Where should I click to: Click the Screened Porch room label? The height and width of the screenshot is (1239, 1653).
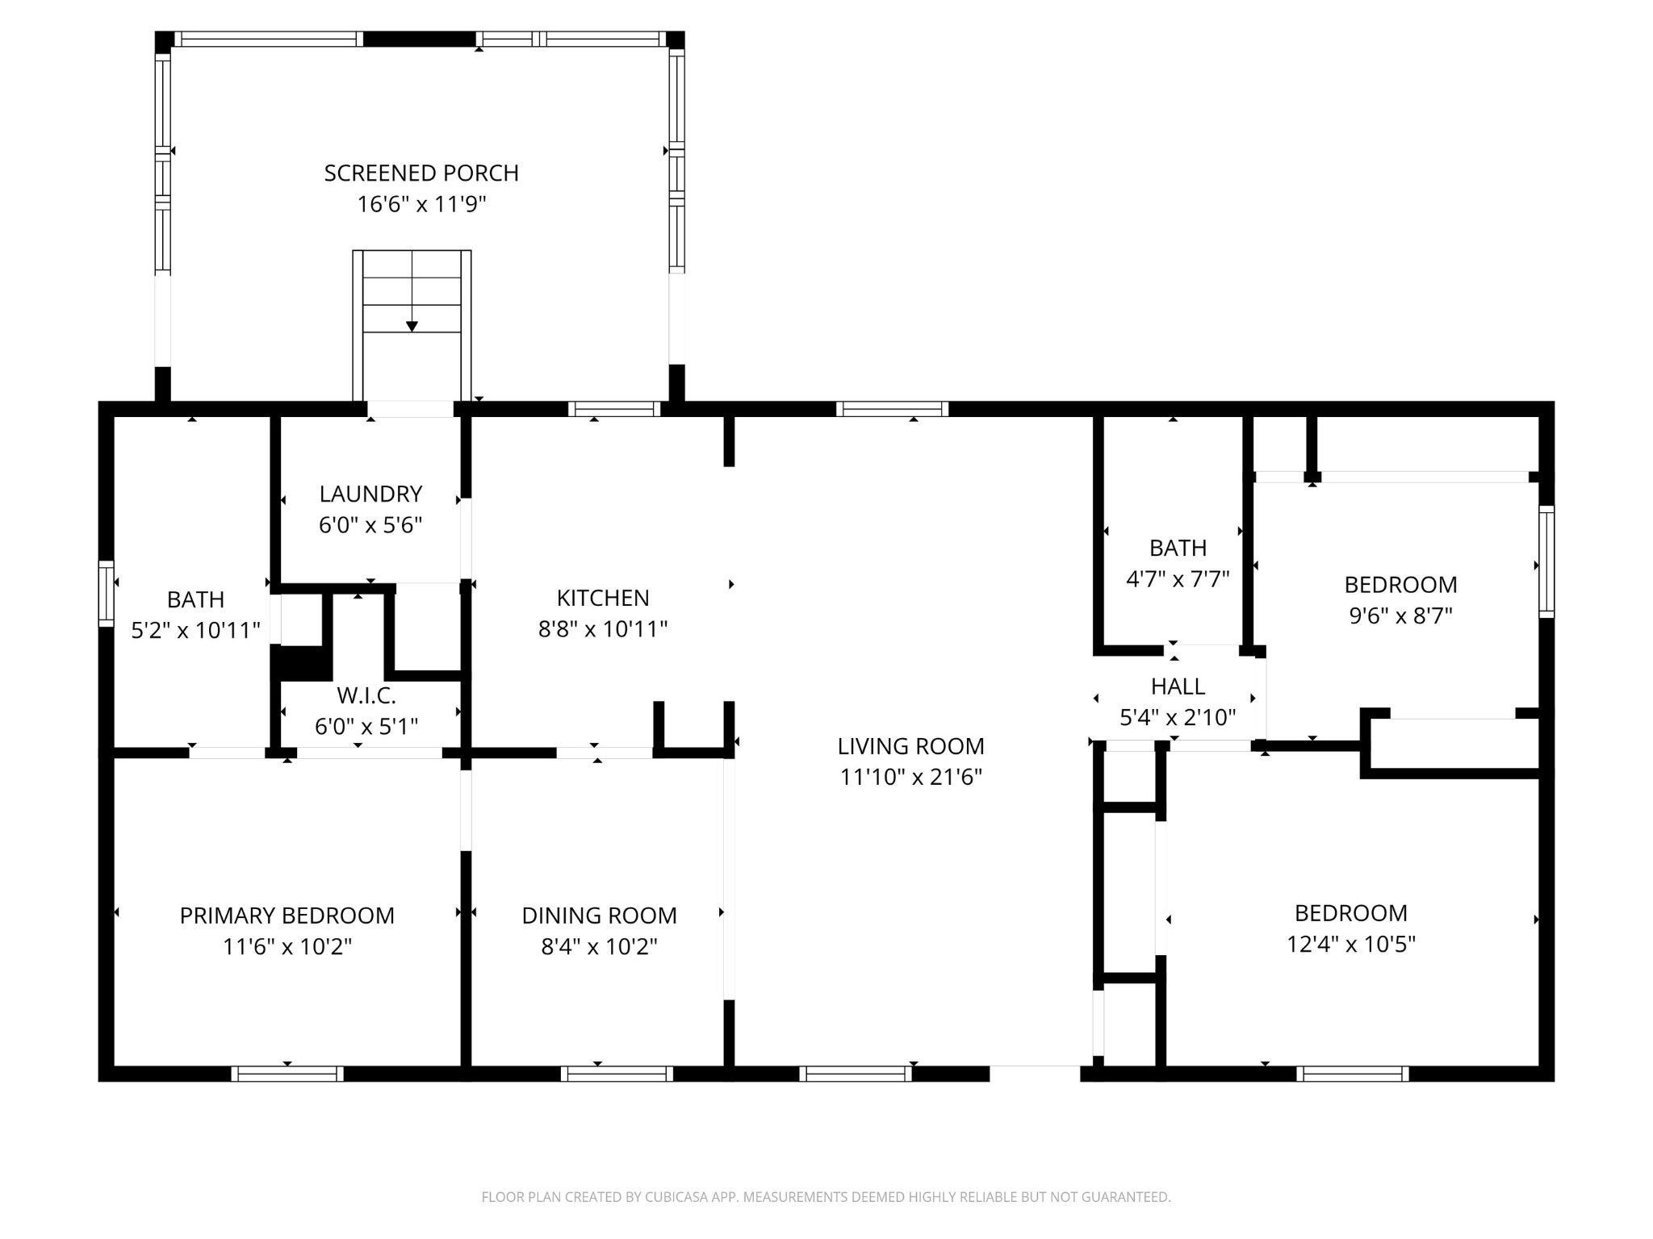point(421,173)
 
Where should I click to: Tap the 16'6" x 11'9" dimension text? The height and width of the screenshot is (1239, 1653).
point(421,204)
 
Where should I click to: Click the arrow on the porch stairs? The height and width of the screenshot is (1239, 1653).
point(412,326)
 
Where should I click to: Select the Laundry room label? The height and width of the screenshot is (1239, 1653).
point(370,494)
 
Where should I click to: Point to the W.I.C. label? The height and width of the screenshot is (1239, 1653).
point(366,695)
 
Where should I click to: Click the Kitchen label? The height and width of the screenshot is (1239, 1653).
point(603,598)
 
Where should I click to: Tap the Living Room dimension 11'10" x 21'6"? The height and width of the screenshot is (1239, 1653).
point(910,777)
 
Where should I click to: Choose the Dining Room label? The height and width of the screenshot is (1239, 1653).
point(599,916)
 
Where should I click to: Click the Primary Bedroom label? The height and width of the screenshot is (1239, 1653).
point(287,916)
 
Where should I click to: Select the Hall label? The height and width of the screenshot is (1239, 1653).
point(1178,686)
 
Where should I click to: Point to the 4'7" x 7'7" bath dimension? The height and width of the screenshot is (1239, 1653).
point(1178,579)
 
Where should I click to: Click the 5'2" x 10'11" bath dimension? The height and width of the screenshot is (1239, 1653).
point(195,630)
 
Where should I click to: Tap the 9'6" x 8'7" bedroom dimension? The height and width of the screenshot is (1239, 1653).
point(1400,615)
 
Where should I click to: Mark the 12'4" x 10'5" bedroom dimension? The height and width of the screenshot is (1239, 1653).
point(1351,944)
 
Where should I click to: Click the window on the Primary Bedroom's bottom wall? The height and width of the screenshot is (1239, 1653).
point(287,1074)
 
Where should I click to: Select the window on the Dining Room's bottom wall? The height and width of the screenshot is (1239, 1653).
point(617,1074)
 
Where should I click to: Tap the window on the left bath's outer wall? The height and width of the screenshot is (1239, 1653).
point(107,594)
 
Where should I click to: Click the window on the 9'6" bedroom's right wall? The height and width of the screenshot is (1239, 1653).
point(1546,561)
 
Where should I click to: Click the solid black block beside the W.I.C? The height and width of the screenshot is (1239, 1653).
point(301,663)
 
